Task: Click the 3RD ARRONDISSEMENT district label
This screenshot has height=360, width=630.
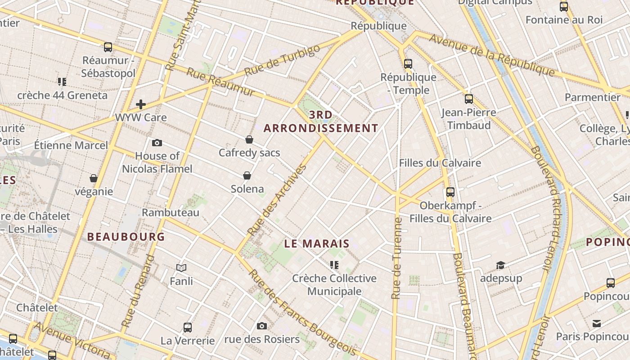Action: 321,121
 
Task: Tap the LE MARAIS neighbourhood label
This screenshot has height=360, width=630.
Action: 317,243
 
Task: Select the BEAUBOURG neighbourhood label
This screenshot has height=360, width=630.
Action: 126,236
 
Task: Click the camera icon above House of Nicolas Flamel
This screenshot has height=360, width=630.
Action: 157,143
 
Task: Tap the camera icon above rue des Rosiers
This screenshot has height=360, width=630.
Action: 262,326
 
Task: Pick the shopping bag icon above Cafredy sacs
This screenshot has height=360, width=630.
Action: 249,139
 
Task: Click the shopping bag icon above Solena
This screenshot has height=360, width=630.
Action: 247,175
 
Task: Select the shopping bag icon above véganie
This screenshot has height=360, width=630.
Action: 94,178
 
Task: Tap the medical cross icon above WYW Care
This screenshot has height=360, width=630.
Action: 141,104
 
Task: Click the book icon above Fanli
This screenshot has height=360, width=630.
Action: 181,268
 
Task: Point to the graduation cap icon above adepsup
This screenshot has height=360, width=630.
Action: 500,265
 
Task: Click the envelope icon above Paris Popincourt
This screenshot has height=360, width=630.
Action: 597,323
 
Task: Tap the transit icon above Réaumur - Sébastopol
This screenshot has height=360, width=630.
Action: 108,47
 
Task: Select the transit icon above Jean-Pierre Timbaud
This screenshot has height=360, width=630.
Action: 469,99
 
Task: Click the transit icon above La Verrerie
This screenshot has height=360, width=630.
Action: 188,328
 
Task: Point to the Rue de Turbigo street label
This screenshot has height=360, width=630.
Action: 282,60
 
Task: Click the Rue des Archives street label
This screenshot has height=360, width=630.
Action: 277,200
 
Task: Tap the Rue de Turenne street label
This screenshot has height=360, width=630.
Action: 396,258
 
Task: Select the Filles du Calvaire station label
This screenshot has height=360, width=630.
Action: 440,163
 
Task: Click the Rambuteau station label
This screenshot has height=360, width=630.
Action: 171,212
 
